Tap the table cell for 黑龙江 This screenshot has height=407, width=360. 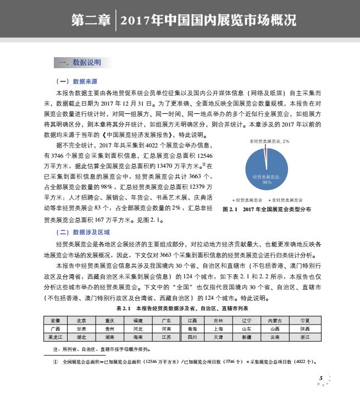tap(57, 337)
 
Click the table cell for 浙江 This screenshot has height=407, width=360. tap(305, 337)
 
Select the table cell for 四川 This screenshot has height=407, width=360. tap(192, 337)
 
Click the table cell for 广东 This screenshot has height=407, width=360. tap(166, 320)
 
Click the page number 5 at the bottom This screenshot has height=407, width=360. tap(320, 378)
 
